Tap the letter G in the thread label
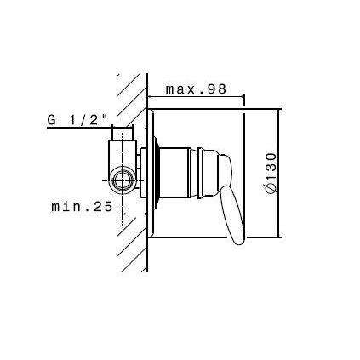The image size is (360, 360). (52, 120)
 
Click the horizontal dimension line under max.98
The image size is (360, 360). (197, 99)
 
